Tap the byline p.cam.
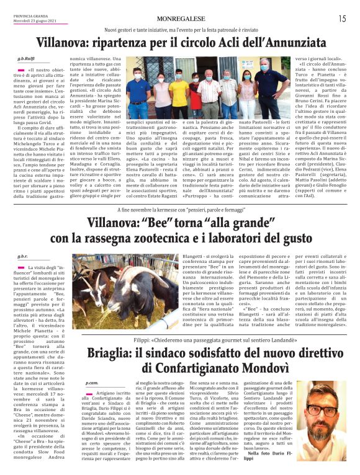click(91, 384)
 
